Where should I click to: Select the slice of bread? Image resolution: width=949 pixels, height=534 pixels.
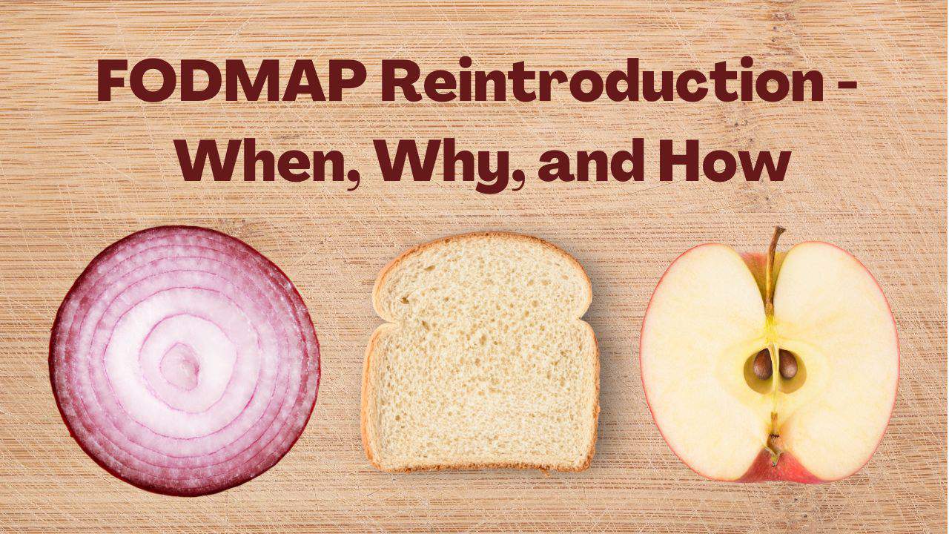[x=481, y=352]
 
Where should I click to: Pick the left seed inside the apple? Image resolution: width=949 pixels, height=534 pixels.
[x=763, y=364]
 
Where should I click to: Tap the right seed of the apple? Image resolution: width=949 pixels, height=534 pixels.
[x=788, y=364]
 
